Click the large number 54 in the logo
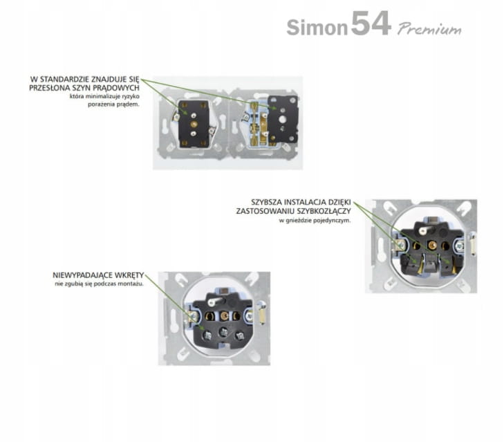(371, 23)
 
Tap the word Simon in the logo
(317, 28)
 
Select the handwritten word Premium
(429, 29)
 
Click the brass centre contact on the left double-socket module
(193, 125)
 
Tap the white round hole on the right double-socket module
(283, 120)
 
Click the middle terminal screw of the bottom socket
(224, 332)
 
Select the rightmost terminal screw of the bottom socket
(239, 336)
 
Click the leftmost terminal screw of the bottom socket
(208, 336)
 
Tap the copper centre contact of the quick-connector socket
(431, 246)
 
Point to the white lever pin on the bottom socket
(216, 301)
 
